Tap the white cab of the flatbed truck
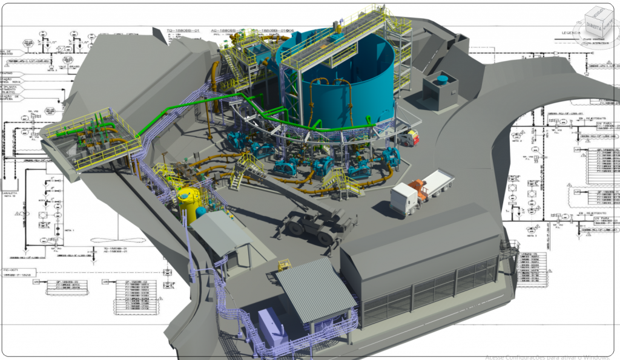tap(403, 198)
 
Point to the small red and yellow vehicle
tap(412, 137)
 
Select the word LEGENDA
tap(570, 32)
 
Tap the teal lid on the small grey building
tap(443, 79)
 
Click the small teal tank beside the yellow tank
tap(201, 212)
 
